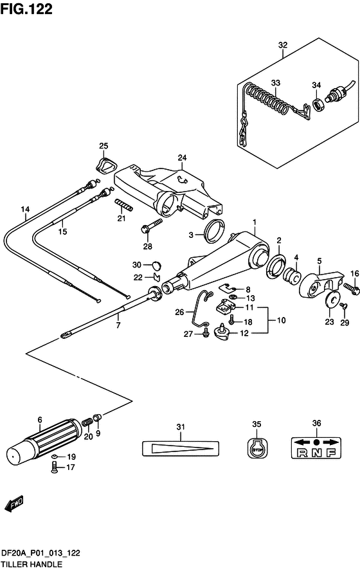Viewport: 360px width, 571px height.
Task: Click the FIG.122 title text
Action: [26, 9]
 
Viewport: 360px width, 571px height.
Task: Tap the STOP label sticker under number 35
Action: [257, 447]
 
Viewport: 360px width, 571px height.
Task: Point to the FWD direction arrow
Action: [14, 503]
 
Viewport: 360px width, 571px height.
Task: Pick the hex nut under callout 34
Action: [319, 105]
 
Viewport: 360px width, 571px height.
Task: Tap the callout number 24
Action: [182, 158]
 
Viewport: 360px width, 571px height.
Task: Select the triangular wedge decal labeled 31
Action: [181, 448]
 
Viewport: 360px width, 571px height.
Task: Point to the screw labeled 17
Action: [55, 467]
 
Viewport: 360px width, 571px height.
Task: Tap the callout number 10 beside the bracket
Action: [282, 320]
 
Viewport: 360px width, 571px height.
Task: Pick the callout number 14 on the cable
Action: [25, 210]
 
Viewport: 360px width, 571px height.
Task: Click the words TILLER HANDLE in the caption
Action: [32, 565]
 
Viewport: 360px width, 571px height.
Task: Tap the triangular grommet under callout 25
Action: [106, 164]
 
